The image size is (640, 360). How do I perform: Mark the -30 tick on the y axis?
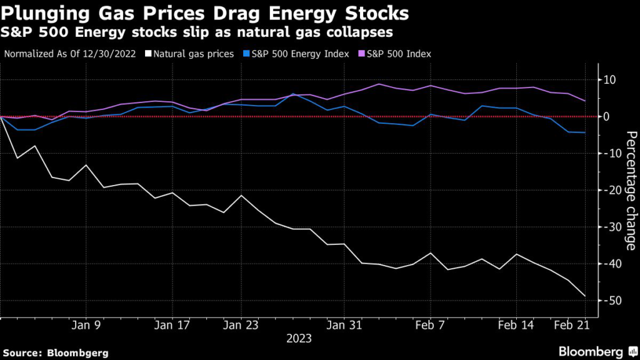(x=609, y=227)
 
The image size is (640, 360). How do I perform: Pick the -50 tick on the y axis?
(x=609, y=301)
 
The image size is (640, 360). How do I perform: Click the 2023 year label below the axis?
(x=299, y=339)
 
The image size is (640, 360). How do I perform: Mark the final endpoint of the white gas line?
(x=585, y=296)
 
